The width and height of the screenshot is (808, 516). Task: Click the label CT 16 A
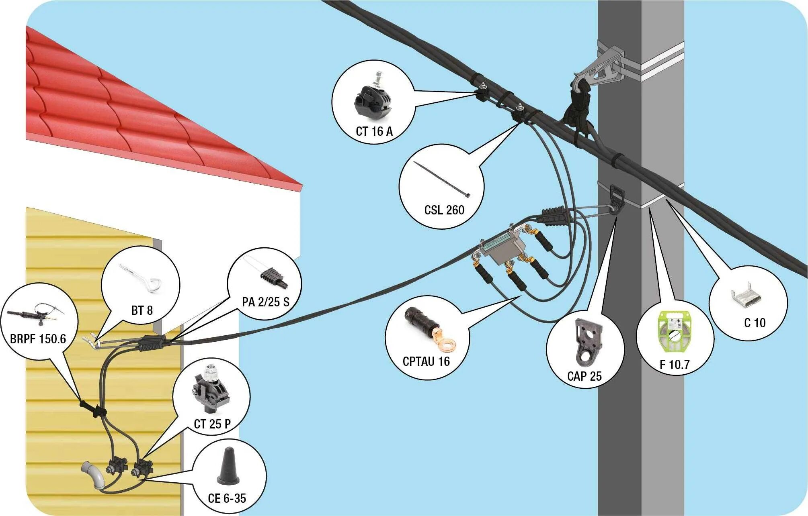(x=374, y=131)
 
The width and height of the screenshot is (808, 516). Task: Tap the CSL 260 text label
(x=444, y=210)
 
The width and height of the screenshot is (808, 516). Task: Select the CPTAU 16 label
(x=426, y=361)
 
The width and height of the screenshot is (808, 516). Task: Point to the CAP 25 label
(x=584, y=376)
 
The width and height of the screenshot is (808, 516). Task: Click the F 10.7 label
(x=674, y=365)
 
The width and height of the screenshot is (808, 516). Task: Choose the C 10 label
(x=755, y=323)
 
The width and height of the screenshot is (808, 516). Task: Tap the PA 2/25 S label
(x=265, y=302)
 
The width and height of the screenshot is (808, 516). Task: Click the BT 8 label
(x=142, y=310)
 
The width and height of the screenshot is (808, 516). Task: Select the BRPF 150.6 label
(x=38, y=339)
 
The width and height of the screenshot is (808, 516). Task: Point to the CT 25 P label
(x=212, y=424)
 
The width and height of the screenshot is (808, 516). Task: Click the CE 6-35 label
(x=227, y=498)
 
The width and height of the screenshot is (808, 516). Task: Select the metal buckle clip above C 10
(x=746, y=297)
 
